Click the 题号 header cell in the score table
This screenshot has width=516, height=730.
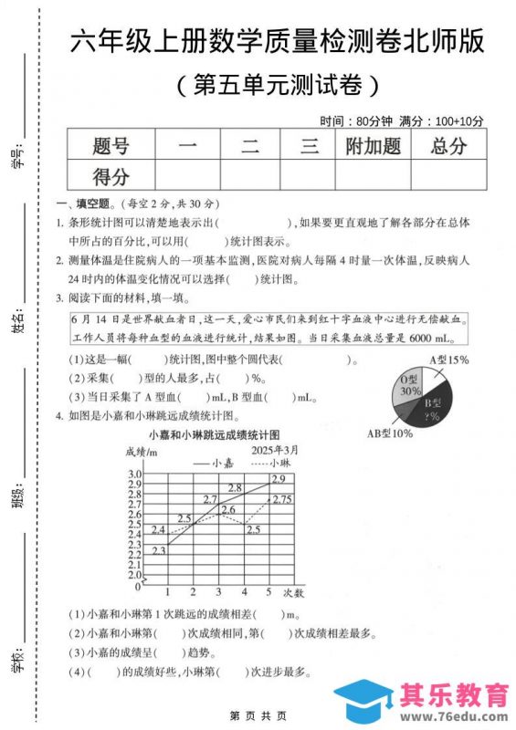coord(111,145)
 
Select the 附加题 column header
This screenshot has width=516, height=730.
coord(373,145)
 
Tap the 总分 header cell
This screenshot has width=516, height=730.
coord(448,145)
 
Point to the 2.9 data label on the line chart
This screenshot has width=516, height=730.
coord(278,479)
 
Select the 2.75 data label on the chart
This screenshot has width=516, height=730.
coord(281,499)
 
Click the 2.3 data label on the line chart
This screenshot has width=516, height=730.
coord(158,549)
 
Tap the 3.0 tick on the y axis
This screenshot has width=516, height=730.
coord(134,474)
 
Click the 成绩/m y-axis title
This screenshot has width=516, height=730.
coord(142,452)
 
